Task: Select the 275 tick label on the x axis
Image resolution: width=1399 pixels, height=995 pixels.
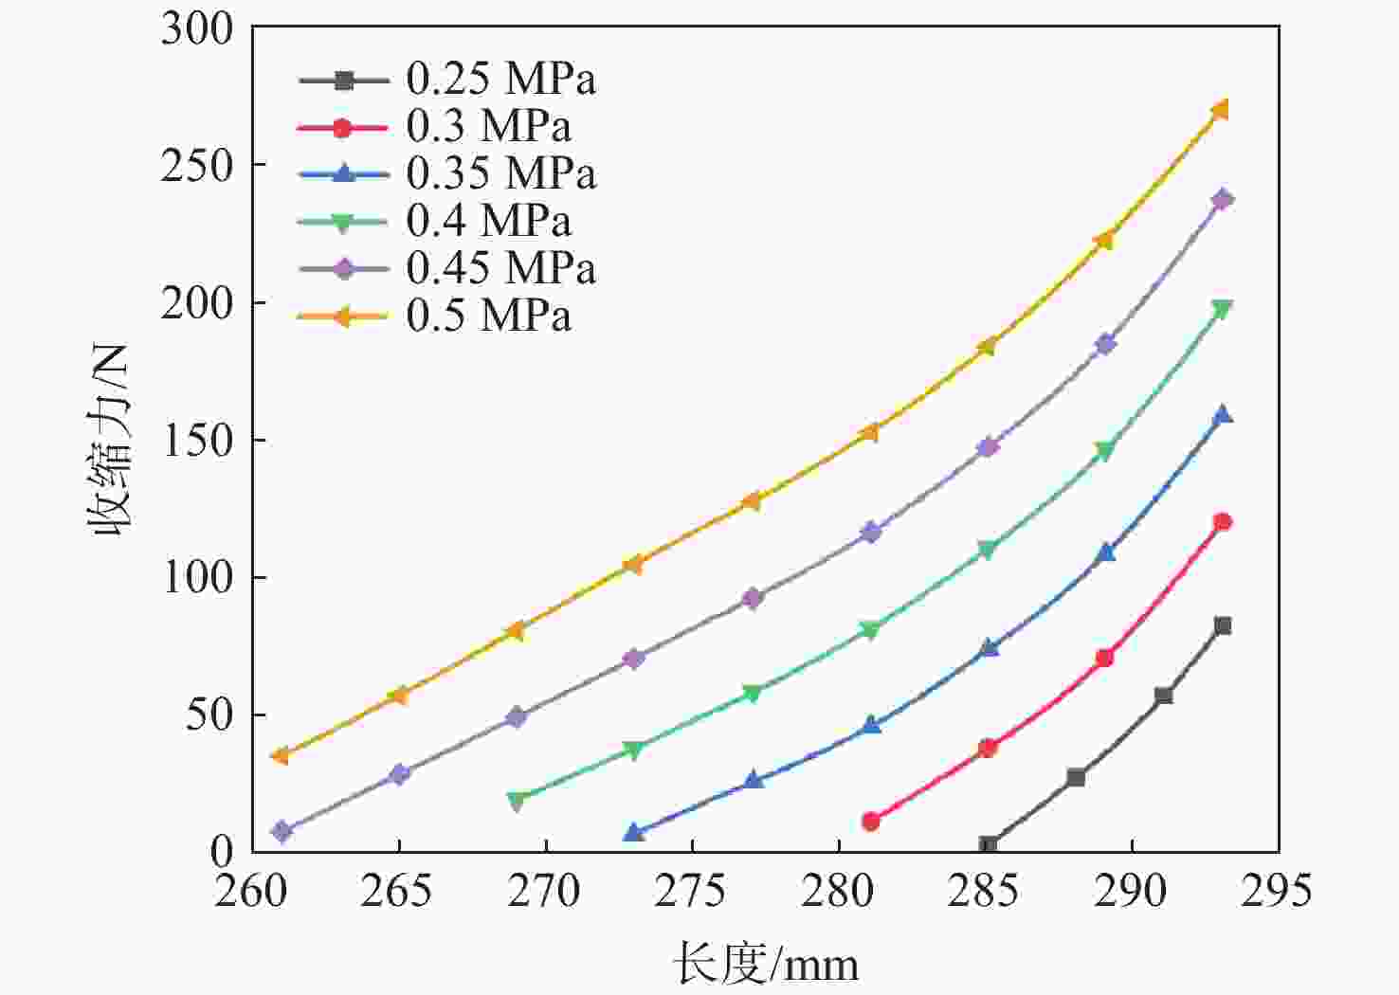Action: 692,892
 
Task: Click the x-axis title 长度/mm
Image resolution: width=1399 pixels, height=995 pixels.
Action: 766,966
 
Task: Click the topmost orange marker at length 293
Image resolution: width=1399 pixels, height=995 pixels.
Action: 1221,110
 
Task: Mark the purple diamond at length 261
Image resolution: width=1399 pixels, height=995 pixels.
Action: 282,832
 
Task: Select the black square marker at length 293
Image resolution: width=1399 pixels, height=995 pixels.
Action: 1223,625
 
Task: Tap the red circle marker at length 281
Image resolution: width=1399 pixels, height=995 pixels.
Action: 871,821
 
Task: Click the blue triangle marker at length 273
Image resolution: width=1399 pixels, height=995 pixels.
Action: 635,833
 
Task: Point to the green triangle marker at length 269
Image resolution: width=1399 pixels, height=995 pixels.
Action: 518,801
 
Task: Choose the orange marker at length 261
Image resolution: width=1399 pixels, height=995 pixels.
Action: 281,755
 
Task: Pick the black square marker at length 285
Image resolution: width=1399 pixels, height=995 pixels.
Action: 988,845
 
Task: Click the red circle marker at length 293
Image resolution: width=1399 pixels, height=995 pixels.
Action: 1223,521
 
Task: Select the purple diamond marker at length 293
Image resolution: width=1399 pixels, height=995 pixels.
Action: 1223,199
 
